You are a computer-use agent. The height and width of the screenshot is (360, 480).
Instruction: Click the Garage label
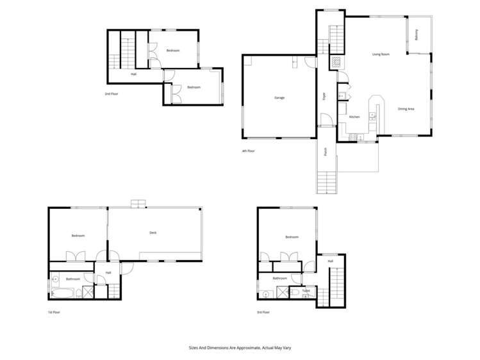(x=279, y=97)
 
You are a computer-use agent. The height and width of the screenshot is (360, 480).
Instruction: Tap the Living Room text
(x=381, y=54)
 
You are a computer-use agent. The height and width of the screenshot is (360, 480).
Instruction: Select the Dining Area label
(x=406, y=109)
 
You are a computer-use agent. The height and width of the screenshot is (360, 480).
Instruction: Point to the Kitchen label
(x=354, y=117)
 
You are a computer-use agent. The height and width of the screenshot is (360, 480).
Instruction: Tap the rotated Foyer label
(x=325, y=97)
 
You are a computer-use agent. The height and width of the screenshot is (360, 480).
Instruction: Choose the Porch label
(x=326, y=152)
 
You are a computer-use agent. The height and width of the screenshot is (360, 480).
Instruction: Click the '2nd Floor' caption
(x=112, y=94)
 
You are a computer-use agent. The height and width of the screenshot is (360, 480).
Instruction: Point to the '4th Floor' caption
(x=248, y=151)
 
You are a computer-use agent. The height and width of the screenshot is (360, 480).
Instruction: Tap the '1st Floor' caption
(x=53, y=312)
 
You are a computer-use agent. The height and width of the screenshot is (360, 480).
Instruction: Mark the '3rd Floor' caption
(x=263, y=312)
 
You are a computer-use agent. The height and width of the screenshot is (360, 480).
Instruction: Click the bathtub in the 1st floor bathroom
(x=62, y=293)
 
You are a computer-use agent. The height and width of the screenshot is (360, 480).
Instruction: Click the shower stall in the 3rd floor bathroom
(x=281, y=293)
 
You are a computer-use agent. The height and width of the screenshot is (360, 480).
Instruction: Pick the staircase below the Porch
(x=326, y=183)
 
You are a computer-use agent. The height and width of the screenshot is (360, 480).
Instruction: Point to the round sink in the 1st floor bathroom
(x=55, y=279)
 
